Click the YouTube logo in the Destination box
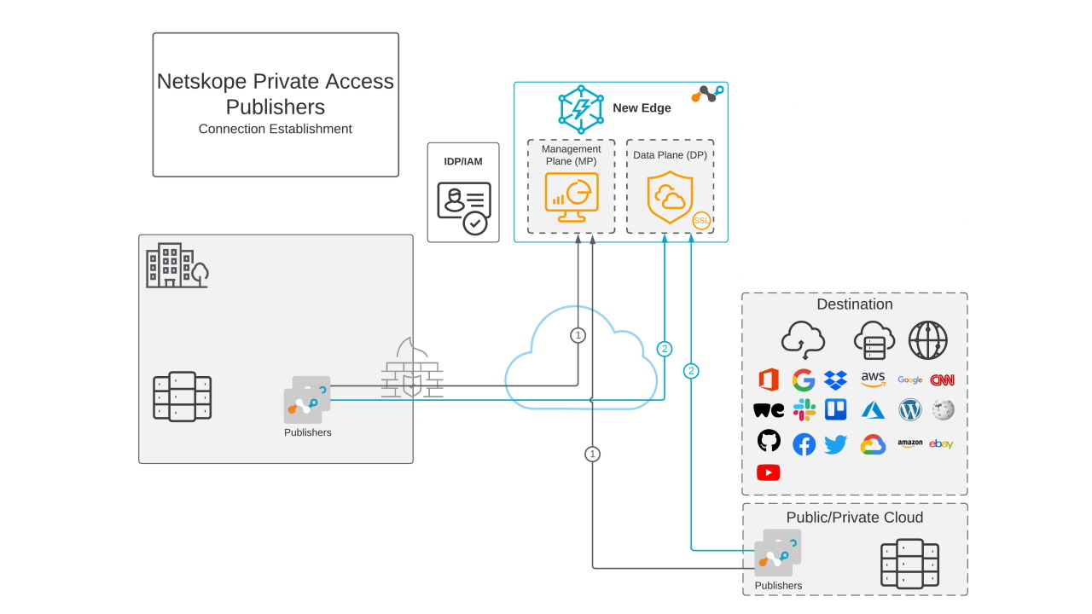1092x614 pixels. [x=768, y=472]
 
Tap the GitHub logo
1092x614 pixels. [x=769, y=441]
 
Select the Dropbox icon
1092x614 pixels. [x=836, y=380]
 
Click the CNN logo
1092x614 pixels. [x=942, y=380]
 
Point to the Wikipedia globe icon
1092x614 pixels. [x=943, y=410]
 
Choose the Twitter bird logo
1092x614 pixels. [x=836, y=444]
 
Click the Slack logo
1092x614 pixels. [x=804, y=410]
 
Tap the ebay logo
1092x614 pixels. [x=941, y=444]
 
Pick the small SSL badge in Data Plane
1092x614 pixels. [x=701, y=220]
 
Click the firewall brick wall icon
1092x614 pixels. [x=412, y=368]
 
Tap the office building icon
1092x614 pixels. [x=177, y=265]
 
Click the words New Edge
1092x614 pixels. [x=642, y=108]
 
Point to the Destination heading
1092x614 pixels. [x=854, y=304]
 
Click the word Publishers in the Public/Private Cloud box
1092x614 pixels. [x=778, y=586]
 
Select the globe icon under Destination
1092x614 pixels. [x=927, y=339]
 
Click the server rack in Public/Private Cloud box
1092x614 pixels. [x=909, y=563]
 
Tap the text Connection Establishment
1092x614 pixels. [x=275, y=129]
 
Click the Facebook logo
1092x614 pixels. [x=804, y=444]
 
